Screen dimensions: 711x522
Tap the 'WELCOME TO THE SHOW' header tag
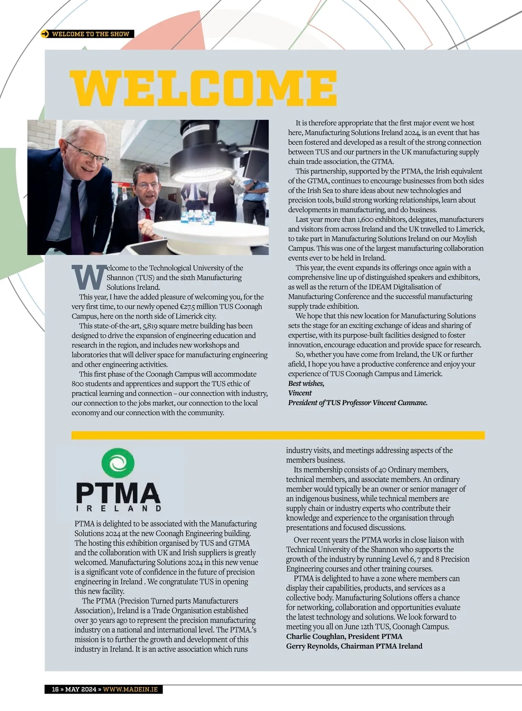(90, 34)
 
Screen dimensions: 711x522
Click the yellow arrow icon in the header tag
(45, 34)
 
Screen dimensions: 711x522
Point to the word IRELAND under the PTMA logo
(118, 508)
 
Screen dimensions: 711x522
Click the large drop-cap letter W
(88, 277)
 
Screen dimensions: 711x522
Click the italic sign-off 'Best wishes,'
(306, 383)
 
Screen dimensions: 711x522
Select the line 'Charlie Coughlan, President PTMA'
(344, 636)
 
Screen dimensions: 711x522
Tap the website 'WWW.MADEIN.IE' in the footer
(130, 689)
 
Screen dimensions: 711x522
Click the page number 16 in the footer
(55, 689)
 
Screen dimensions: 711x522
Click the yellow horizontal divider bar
(278, 435)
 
